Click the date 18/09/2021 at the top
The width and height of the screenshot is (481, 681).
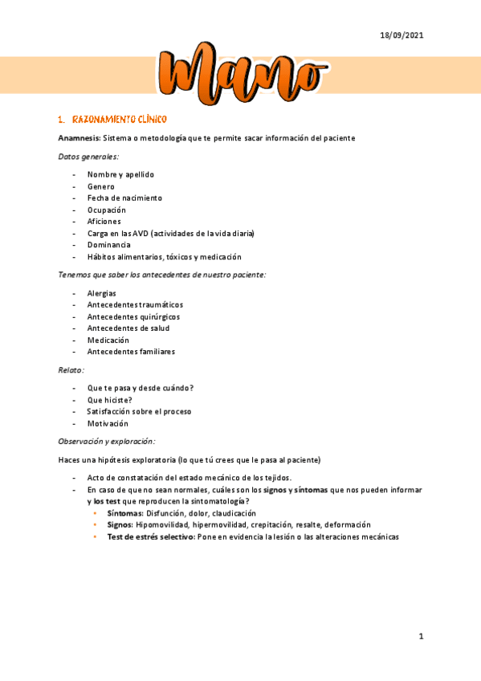401,35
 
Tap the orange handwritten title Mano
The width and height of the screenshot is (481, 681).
239,78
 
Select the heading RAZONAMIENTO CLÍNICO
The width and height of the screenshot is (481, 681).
119,120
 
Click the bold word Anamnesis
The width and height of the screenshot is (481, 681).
79,138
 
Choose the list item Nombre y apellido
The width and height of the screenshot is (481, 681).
120,174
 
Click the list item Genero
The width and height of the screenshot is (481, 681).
101,186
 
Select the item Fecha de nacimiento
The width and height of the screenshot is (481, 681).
124,198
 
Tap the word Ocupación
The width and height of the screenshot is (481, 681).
107,210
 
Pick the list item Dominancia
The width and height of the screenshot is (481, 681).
108,245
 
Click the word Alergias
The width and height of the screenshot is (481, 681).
102,293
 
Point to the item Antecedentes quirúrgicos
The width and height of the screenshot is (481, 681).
132,316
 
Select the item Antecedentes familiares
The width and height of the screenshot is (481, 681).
131,352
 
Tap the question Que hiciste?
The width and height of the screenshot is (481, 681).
110,400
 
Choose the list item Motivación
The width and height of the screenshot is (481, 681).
108,423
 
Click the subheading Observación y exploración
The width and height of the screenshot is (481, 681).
106,441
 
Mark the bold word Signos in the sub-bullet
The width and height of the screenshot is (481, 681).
120,524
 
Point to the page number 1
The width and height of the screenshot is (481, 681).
420,637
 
